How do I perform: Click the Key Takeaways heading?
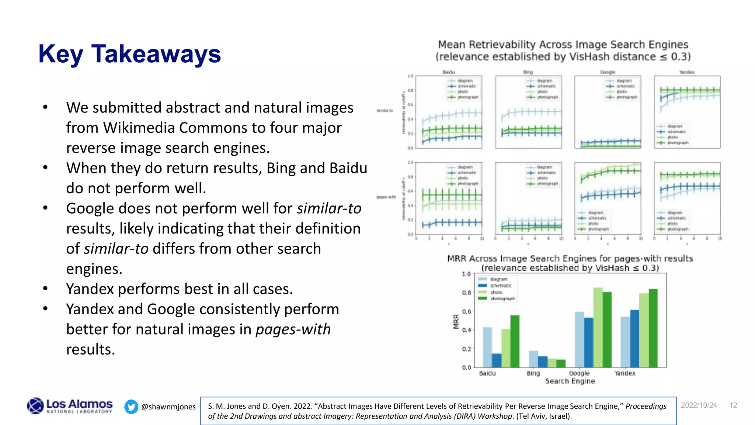tap(129, 54)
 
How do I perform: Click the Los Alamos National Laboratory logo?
tap(70, 406)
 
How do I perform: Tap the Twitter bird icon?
tap(131, 407)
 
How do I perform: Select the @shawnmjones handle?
tap(168, 407)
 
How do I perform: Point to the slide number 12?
tap(733, 405)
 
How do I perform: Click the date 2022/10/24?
tap(699, 405)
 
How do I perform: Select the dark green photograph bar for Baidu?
tap(515, 341)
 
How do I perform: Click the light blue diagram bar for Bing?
tap(533, 359)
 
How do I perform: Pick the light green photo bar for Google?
tap(598, 327)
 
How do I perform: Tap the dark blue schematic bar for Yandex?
tap(634, 338)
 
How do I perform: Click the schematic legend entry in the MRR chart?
tap(500, 286)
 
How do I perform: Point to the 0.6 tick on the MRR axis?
tap(466, 311)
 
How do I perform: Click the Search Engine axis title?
tap(570, 381)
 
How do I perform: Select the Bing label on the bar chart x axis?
tap(533, 373)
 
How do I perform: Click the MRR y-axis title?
tap(456, 321)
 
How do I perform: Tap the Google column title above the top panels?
tap(608, 72)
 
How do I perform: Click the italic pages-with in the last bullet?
tap(293, 329)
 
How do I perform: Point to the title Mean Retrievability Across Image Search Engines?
tap(563, 45)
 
